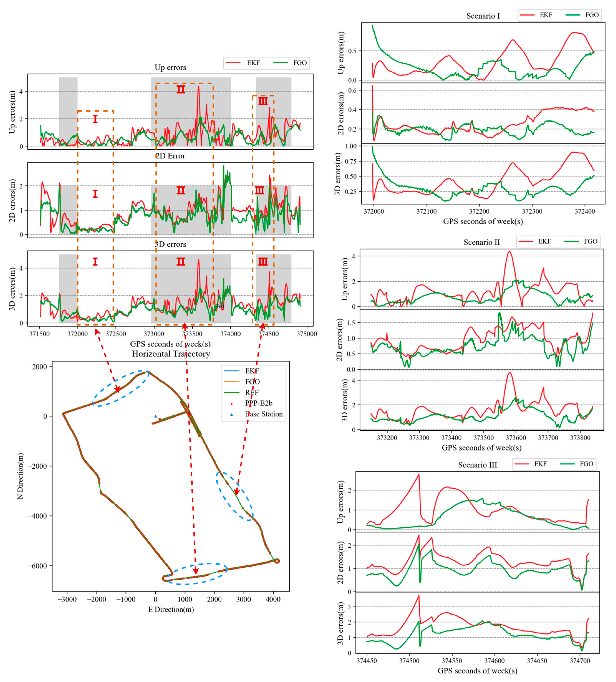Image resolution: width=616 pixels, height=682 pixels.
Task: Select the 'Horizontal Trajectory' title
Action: point(171,354)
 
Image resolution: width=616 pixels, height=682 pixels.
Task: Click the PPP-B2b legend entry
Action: point(258,403)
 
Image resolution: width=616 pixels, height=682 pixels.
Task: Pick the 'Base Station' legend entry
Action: point(263,414)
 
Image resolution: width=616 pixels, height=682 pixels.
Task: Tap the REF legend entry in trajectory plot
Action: point(252,392)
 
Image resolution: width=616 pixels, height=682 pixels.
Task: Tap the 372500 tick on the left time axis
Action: point(116,334)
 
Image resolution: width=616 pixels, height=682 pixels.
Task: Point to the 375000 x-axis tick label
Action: point(306,334)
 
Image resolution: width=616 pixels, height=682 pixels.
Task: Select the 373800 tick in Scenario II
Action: point(580,438)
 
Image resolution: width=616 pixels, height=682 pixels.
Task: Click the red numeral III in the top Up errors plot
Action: point(263,101)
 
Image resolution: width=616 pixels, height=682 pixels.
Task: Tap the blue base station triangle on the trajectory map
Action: point(156,416)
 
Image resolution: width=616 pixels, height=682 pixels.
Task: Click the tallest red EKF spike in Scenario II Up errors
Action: point(509,252)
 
